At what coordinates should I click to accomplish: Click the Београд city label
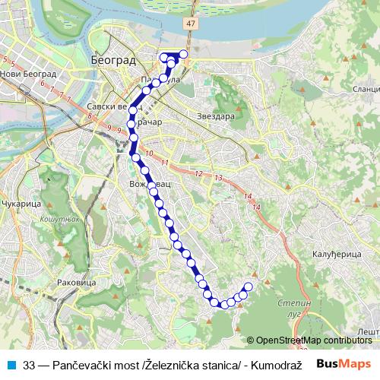click(x=112, y=59)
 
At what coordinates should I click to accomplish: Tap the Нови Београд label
click(x=30, y=74)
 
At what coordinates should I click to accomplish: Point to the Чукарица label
click(x=18, y=204)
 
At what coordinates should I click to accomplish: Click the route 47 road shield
click(x=188, y=24)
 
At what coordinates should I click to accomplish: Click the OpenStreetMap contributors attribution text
click(x=313, y=340)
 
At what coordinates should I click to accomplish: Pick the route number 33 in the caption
click(x=30, y=365)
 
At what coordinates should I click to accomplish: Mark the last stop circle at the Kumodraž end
click(x=248, y=287)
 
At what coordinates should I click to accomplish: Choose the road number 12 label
click(x=198, y=174)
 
